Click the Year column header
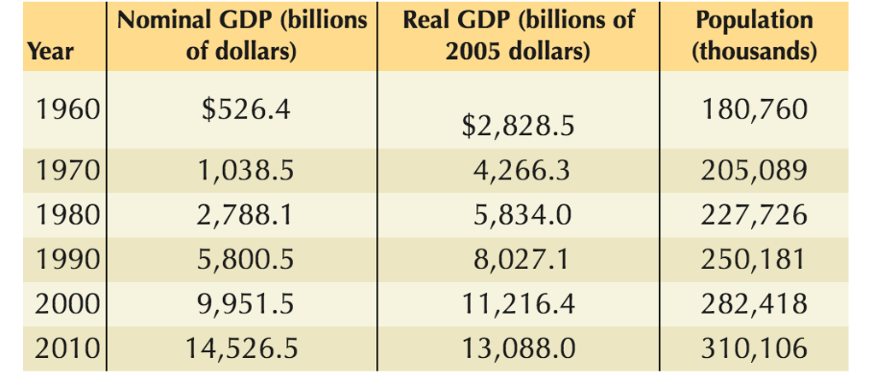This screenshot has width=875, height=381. click(51, 51)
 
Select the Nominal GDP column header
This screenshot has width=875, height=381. click(242, 36)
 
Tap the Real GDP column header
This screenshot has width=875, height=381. click(519, 36)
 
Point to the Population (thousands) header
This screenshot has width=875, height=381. click(755, 36)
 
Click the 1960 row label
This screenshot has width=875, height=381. click(69, 110)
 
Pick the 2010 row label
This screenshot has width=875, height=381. click(69, 349)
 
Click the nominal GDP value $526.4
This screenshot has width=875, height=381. click(242, 110)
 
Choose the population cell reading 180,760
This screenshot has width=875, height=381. click(755, 110)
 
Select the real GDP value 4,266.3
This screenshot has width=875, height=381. click(522, 171)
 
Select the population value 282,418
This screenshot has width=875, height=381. click(755, 304)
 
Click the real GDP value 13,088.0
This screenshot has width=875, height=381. click(517, 349)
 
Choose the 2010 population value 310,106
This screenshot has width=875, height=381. click(755, 349)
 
